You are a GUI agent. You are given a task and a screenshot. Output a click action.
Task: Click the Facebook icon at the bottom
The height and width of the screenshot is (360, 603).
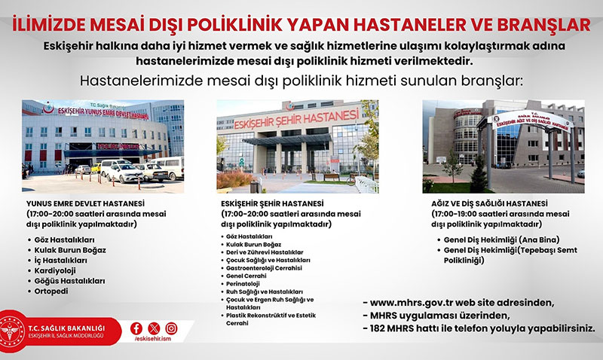tap(136, 328)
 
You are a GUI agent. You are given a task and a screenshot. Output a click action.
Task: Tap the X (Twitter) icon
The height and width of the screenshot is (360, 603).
tap(154, 328)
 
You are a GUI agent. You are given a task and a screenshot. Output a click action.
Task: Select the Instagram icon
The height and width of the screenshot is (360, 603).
tap(172, 328)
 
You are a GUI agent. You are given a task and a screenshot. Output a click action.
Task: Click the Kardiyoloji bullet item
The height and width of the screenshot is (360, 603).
tap(55, 270)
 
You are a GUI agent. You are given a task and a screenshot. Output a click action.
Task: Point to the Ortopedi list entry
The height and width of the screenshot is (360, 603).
tap(51, 291)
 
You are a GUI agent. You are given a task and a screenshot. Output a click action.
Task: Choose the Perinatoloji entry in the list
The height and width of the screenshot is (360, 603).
tap(243, 284)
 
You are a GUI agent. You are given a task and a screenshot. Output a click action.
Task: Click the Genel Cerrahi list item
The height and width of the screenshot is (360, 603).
tap(246, 276)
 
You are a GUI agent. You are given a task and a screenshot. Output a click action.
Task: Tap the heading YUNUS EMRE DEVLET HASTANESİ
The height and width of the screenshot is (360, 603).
tap(85, 203)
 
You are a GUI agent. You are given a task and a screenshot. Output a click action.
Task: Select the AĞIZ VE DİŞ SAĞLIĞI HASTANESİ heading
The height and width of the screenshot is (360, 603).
tap(489, 203)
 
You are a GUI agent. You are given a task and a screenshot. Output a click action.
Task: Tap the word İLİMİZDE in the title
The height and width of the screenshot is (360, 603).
tap(48, 24)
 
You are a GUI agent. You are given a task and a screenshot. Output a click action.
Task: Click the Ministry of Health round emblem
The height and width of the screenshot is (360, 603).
tap(11, 331)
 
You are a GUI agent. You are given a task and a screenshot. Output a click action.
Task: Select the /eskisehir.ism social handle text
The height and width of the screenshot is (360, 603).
tap(153, 339)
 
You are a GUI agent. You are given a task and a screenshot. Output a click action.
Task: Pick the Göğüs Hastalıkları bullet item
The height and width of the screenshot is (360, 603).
tap(69, 281)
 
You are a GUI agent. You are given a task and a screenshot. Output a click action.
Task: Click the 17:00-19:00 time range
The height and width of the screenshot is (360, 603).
tap(455, 214)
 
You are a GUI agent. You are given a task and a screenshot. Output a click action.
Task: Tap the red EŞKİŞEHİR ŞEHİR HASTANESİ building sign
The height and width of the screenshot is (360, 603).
tap(296, 118)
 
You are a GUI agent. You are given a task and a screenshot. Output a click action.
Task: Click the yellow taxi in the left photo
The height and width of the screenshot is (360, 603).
tap(96, 167)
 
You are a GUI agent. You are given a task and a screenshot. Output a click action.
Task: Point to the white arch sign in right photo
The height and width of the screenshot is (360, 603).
tap(531, 121)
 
